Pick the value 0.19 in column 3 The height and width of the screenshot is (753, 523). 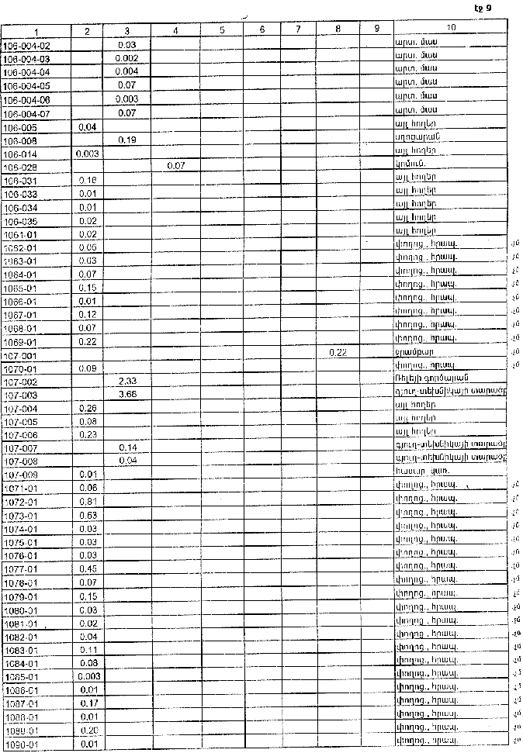126,140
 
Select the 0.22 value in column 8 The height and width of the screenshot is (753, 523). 337,353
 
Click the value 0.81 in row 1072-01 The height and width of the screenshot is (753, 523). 87,502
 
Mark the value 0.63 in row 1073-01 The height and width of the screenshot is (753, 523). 87,515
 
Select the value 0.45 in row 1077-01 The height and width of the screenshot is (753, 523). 87,568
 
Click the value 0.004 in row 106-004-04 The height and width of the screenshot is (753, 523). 126,71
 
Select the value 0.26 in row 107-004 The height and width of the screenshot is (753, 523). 87,407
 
